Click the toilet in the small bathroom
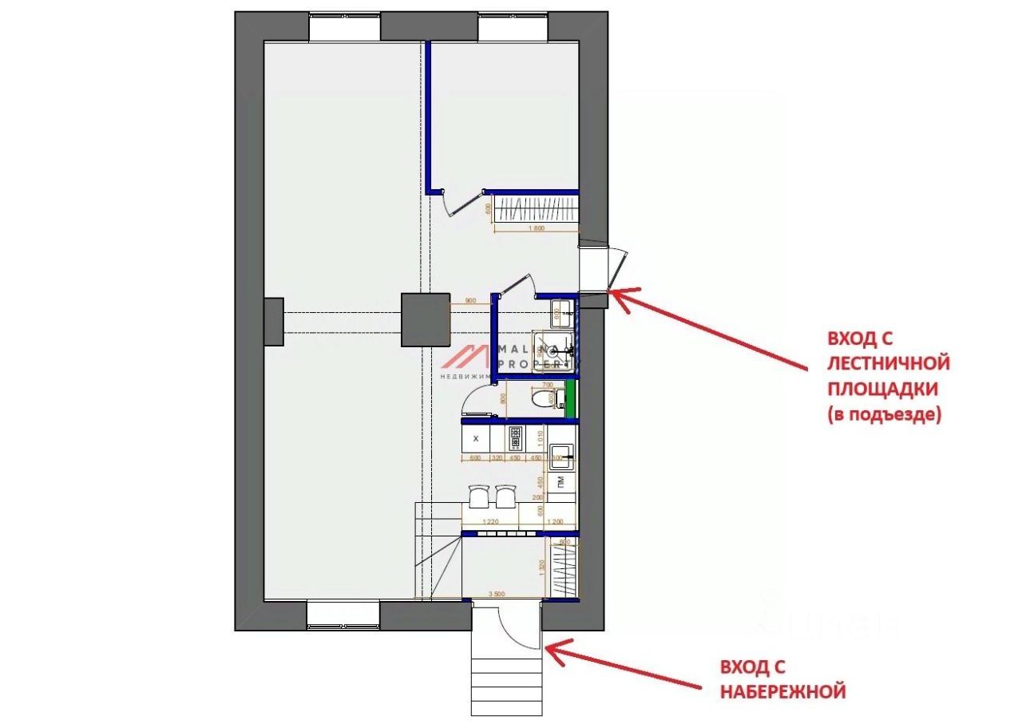pos(544,398)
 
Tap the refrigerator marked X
pos(477,438)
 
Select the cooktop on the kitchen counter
pos(515,438)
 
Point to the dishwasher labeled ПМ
pos(562,481)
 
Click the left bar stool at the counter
pos(480,497)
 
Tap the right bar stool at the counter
pos(505,497)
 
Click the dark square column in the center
pos(425,319)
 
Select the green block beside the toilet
pos(569,399)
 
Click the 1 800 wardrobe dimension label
pos(535,228)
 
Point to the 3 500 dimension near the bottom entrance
pos(496,595)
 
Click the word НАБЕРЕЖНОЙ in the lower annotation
pos(782,691)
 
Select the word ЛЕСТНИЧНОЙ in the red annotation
pos(888,364)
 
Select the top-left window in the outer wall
pos(344,27)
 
